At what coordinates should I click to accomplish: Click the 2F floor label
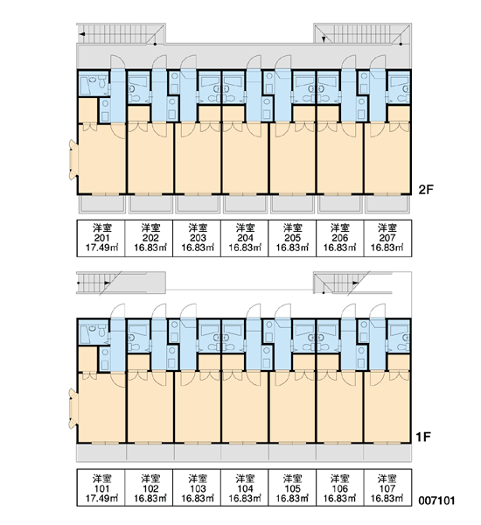click(x=426, y=190)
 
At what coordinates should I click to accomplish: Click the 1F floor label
click(x=423, y=437)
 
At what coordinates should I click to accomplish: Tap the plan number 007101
click(x=436, y=500)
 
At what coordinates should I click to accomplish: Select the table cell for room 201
click(x=101, y=238)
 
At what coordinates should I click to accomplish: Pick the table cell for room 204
click(x=244, y=238)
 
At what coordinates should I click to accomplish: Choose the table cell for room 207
click(x=387, y=238)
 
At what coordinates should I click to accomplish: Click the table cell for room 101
click(x=101, y=487)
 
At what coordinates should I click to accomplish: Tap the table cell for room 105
click(x=292, y=487)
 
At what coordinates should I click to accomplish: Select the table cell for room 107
click(x=387, y=487)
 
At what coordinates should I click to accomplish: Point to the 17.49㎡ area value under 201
click(x=101, y=248)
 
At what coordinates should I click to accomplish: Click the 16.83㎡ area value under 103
click(x=198, y=498)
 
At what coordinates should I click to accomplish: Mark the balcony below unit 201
click(x=102, y=204)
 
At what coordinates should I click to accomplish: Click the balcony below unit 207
click(x=387, y=204)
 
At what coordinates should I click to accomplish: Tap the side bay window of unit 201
click(x=73, y=160)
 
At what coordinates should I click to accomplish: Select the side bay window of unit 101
click(x=73, y=408)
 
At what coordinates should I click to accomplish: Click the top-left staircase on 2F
click(x=122, y=33)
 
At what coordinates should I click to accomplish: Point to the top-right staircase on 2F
click(x=363, y=33)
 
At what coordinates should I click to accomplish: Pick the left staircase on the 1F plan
click(x=122, y=283)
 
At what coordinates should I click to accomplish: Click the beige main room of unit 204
click(x=244, y=158)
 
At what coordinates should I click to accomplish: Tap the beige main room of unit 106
click(x=339, y=407)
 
